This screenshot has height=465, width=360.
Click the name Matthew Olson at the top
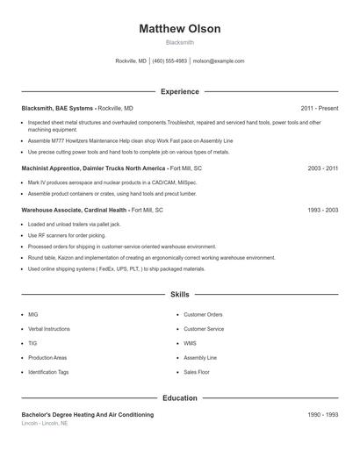[x=180, y=29]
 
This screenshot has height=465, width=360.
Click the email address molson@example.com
[x=219, y=61]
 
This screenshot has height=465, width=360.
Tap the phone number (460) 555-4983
[x=169, y=61]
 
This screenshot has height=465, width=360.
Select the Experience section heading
[x=180, y=91]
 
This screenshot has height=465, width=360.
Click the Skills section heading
[x=180, y=295]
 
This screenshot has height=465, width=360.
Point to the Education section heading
[x=180, y=398]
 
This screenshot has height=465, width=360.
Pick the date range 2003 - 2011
[x=322, y=168]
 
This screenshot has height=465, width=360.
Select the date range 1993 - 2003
[x=322, y=211]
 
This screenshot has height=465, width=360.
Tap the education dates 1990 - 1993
[x=322, y=414]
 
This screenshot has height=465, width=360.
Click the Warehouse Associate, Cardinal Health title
[x=74, y=211]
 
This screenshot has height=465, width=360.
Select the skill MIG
[x=33, y=314]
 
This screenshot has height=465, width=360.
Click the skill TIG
[x=32, y=343]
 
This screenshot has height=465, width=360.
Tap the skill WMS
[x=190, y=343]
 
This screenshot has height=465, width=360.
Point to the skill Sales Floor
[x=197, y=372]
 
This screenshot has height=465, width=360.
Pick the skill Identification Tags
[x=48, y=372]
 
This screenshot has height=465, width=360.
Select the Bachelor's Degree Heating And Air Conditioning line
[x=87, y=414]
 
